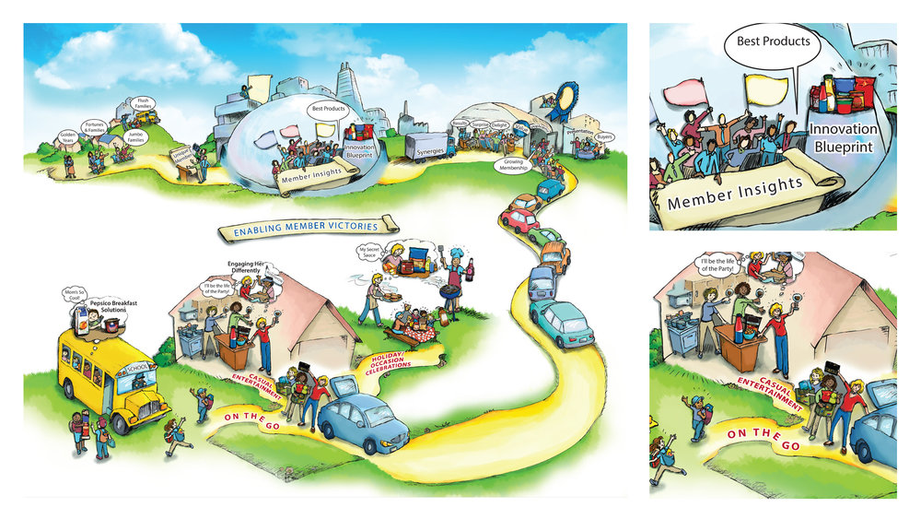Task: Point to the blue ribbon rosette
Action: tap(566, 96)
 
